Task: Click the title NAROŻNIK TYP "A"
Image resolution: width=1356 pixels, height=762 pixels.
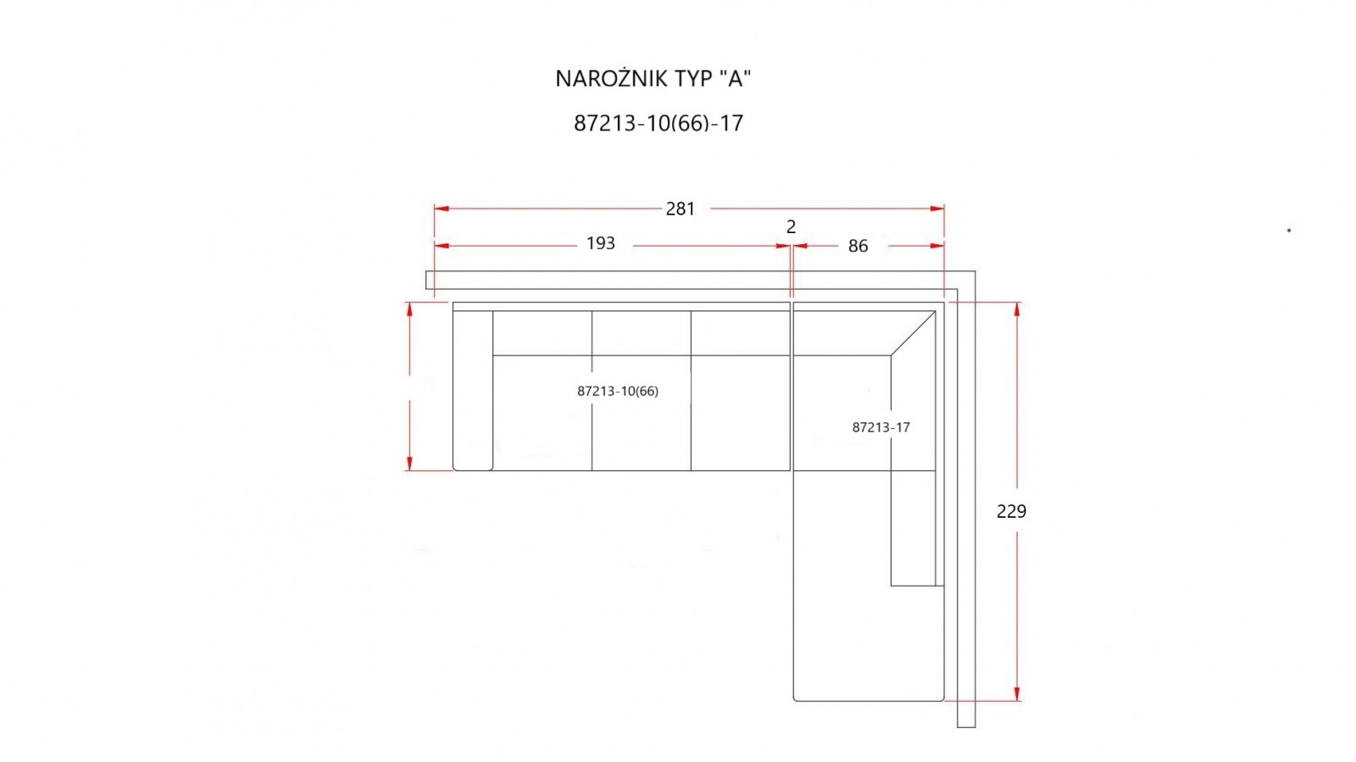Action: tap(653, 79)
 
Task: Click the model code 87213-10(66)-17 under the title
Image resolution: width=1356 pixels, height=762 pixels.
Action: tap(658, 124)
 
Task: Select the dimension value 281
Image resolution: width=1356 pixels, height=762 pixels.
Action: tap(681, 209)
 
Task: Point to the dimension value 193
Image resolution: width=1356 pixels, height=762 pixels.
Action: tap(601, 243)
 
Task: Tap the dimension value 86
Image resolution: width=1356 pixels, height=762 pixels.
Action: tap(858, 246)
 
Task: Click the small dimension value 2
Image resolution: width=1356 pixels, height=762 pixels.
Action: tap(791, 226)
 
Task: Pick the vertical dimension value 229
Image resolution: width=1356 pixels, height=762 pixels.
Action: tap(1011, 511)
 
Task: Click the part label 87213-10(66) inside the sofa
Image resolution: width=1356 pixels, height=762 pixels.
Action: tap(618, 391)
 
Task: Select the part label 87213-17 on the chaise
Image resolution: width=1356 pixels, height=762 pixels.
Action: tap(881, 427)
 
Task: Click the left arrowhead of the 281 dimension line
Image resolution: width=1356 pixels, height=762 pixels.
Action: tap(442, 209)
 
